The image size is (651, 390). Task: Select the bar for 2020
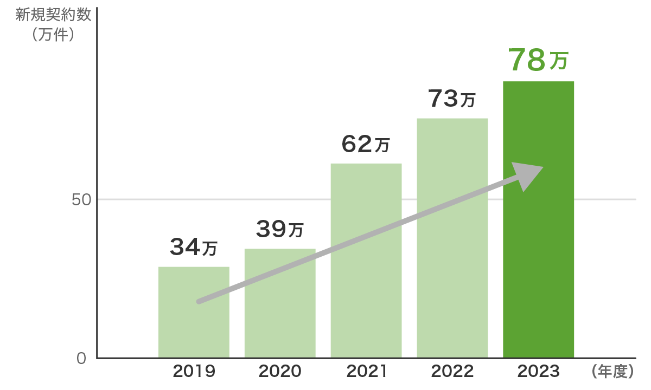[x=280, y=320]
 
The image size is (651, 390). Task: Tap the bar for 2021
[x=366, y=282]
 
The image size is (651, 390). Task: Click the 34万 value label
[x=194, y=247]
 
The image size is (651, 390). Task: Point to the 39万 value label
[x=280, y=229]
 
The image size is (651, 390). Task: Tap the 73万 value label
[x=452, y=99]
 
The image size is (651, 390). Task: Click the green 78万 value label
[x=538, y=60]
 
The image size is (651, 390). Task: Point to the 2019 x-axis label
[x=194, y=372]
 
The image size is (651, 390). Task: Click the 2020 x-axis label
[x=280, y=372]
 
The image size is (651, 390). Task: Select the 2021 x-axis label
[x=366, y=372]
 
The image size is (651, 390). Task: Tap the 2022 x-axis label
[x=452, y=372]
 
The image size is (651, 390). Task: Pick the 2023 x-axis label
[x=538, y=372]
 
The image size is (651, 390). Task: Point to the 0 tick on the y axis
[x=81, y=359]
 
